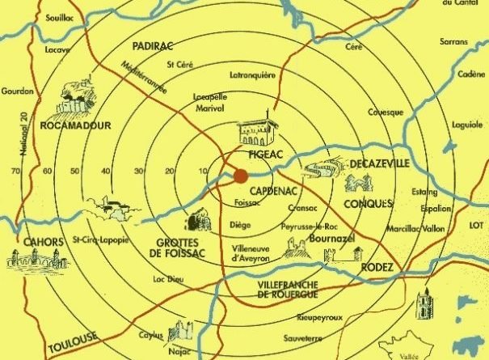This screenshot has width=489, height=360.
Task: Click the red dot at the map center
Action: pyautogui.click(x=241, y=176)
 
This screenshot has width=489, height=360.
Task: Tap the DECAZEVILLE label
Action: pyautogui.click(x=378, y=165)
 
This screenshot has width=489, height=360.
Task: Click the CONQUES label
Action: pyautogui.click(x=369, y=202)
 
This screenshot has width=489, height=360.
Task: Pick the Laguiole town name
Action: pyautogui.click(x=466, y=125)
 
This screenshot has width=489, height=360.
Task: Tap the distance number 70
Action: pyautogui.click(x=15, y=172)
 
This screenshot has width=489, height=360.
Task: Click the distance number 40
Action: pyautogui.click(x=106, y=172)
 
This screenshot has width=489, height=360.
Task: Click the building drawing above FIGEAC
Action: pyautogui.click(x=255, y=132)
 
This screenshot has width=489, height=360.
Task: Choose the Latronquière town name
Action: pyautogui.click(x=253, y=76)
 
